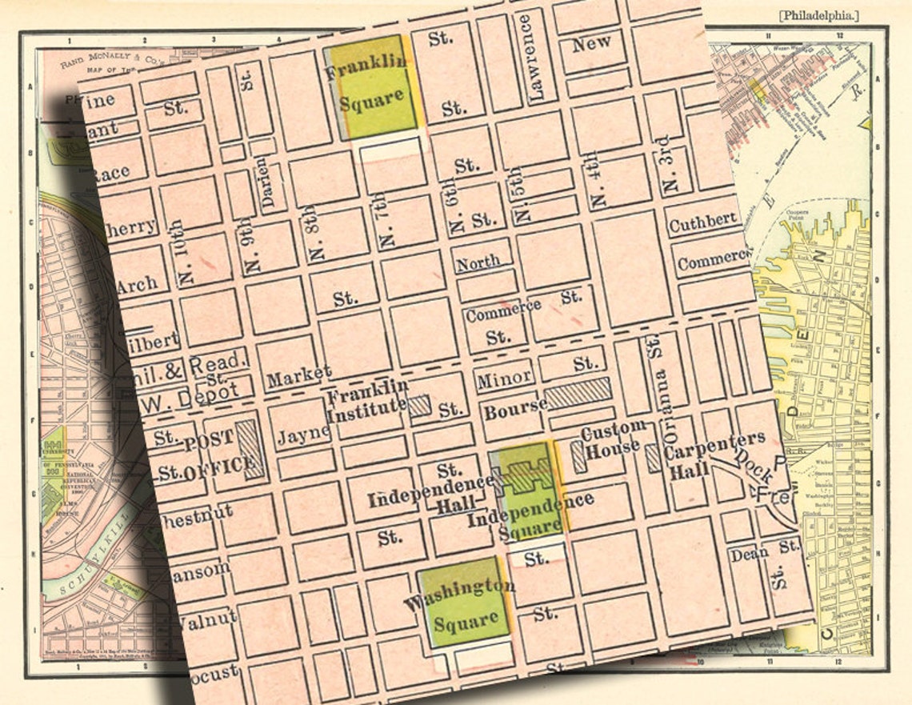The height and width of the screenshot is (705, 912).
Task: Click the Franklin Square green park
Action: [x=373, y=86]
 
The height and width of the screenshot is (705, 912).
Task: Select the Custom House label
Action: [x=612, y=440]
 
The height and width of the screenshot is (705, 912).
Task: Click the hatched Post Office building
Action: [x=250, y=449]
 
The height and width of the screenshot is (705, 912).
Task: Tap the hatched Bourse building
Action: [x=578, y=395]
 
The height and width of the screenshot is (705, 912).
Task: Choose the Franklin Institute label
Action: [x=367, y=400]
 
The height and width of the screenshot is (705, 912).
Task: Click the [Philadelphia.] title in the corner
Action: [x=818, y=15]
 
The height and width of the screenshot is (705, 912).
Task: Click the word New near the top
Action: [x=591, y=43]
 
